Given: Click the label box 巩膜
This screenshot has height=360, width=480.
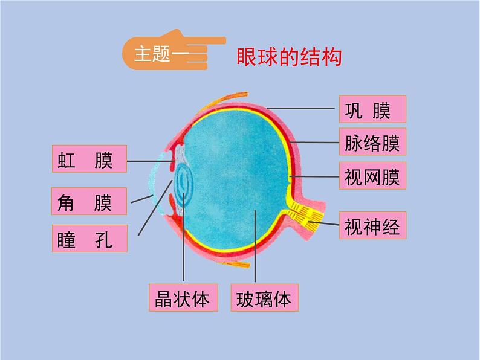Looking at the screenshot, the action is [372, 110].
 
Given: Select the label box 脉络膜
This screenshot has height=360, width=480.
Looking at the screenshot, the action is [372, 143].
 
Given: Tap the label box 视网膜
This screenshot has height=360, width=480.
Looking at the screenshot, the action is [372, 177].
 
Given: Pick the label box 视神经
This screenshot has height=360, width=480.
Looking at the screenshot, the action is [372, 227].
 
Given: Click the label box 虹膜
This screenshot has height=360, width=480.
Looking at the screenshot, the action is [89, 160].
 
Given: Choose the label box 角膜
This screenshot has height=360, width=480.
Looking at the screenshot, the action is [89, 201].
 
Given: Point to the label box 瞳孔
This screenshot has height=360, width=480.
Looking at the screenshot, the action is [89, 239].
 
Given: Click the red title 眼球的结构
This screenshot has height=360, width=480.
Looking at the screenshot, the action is [289, 58].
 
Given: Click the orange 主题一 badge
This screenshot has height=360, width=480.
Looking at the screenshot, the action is [151, 54].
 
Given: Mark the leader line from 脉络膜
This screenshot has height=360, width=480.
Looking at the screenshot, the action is [314, 143].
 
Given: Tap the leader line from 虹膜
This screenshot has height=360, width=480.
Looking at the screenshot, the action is [151, 161].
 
